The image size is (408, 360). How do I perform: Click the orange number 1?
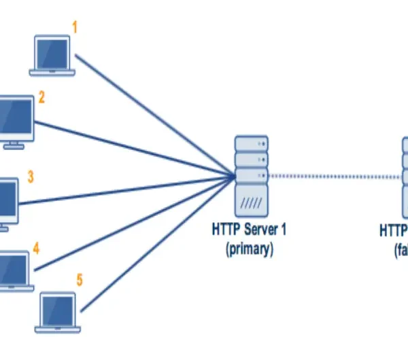click(x=75, y=29)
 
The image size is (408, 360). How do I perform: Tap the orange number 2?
click(x=41, y=98)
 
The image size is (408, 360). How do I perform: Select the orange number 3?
click(x=31, y=177)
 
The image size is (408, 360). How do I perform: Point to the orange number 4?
click(x=36, y=249)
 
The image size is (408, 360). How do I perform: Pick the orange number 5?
click(x=80, y=280)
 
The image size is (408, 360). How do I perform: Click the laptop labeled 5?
click(x=58, y=312)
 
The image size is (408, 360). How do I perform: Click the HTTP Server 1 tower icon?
click(x=251, y=175)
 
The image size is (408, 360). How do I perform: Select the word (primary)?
click(x=250, y=249)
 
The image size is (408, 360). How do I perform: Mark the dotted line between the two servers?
click(x=333, y=175)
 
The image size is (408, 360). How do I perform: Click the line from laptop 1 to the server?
click(x=156, y=115)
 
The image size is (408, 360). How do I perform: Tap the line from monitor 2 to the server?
click(x=136, y=149)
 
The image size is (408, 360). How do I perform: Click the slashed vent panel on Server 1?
click(x=251, y=202)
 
